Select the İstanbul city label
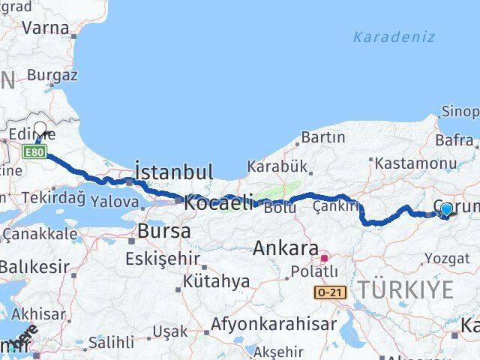pyautogui.click(x=174, y=171)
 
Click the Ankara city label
pyautogui.click(x=286, y=248)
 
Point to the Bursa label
pyautogui.click(x=163, y=232)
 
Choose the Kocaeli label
pyautogui.click(x=219, y=202)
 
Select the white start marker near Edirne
pyautogui.click(x=40, y=129)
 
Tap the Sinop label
pyautogui.click(x=459, y=112)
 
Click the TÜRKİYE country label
pyautogui.click(x=405, y=289)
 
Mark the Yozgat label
pyautogui.click(x=449, y=259)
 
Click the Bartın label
pyautogui.click(x=323, y=137)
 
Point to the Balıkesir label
pyautogui.click(x=34, y=266)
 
